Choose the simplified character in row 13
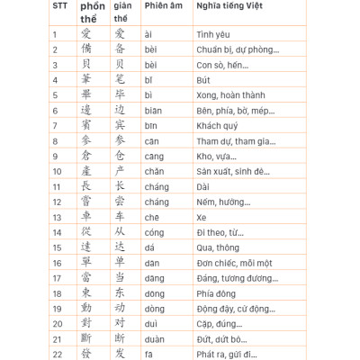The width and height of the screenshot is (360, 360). pyautogui.click(x=121, y=217)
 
